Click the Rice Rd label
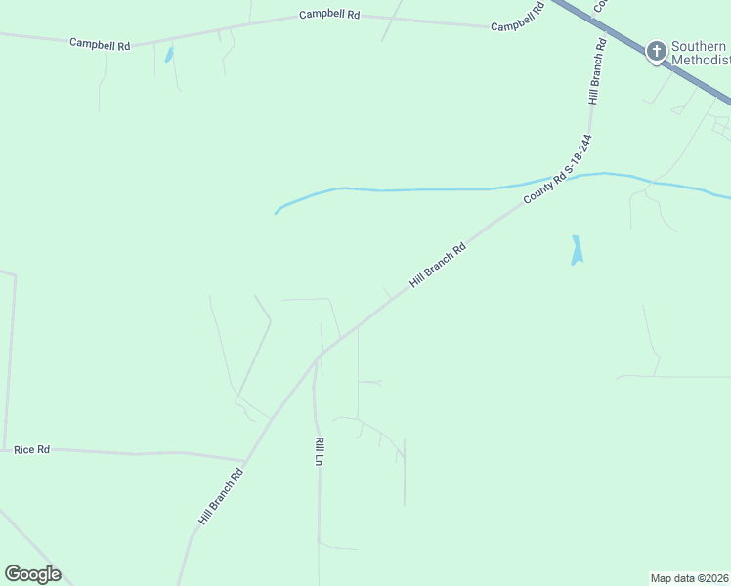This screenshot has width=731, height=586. (31, 449)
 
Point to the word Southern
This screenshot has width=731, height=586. (699, 45)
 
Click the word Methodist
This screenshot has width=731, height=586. (700, 60)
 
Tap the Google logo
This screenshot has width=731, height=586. (32, 574)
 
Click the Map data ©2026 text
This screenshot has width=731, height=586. (690, 577)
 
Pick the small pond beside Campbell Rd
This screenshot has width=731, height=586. (169, 55)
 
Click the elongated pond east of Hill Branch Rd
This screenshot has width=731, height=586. (577, 251)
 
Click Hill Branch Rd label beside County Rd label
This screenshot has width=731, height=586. (437, 265)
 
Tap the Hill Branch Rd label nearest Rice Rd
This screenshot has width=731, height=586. (220, 496)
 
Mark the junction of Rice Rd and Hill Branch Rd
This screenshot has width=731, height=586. (244, 460)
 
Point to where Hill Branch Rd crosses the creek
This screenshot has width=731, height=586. (554, 181)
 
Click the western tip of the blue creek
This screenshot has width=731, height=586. (277, 212)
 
